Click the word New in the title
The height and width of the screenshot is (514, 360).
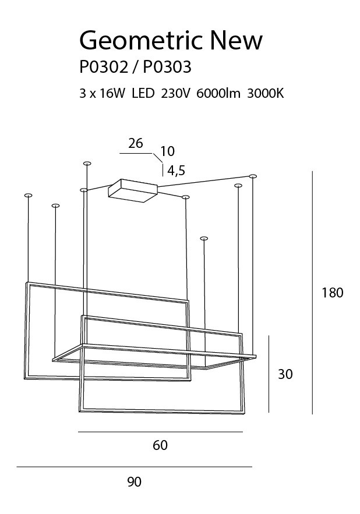tap(236, 41)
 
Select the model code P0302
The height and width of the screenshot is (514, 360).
tap(103, 68)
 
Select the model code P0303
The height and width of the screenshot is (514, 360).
tap(167, 68)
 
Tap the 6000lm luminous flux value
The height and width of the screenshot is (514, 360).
tap(219, 94)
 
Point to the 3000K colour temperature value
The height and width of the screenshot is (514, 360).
tap(265, 94)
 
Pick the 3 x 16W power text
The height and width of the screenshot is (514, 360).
tap(103, 94)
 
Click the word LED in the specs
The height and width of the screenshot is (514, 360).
tap(143, 94)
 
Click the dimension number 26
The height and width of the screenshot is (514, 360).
tap(136, 143)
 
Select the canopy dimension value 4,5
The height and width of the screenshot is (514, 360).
tap(176, 171)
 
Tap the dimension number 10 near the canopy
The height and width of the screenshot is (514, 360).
tap(167, 151)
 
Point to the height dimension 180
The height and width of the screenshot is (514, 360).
tap(333, 293)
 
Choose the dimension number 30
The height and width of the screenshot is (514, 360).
tap(285, 374)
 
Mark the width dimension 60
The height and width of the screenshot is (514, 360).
tap(160, 445)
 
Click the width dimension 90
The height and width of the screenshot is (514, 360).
tap(134, 481)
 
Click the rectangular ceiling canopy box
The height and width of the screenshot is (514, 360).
tap(133, 190)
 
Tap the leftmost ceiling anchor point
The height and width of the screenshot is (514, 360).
tap(27, 195)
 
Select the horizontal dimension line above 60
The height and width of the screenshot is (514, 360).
tap(160, 432)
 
